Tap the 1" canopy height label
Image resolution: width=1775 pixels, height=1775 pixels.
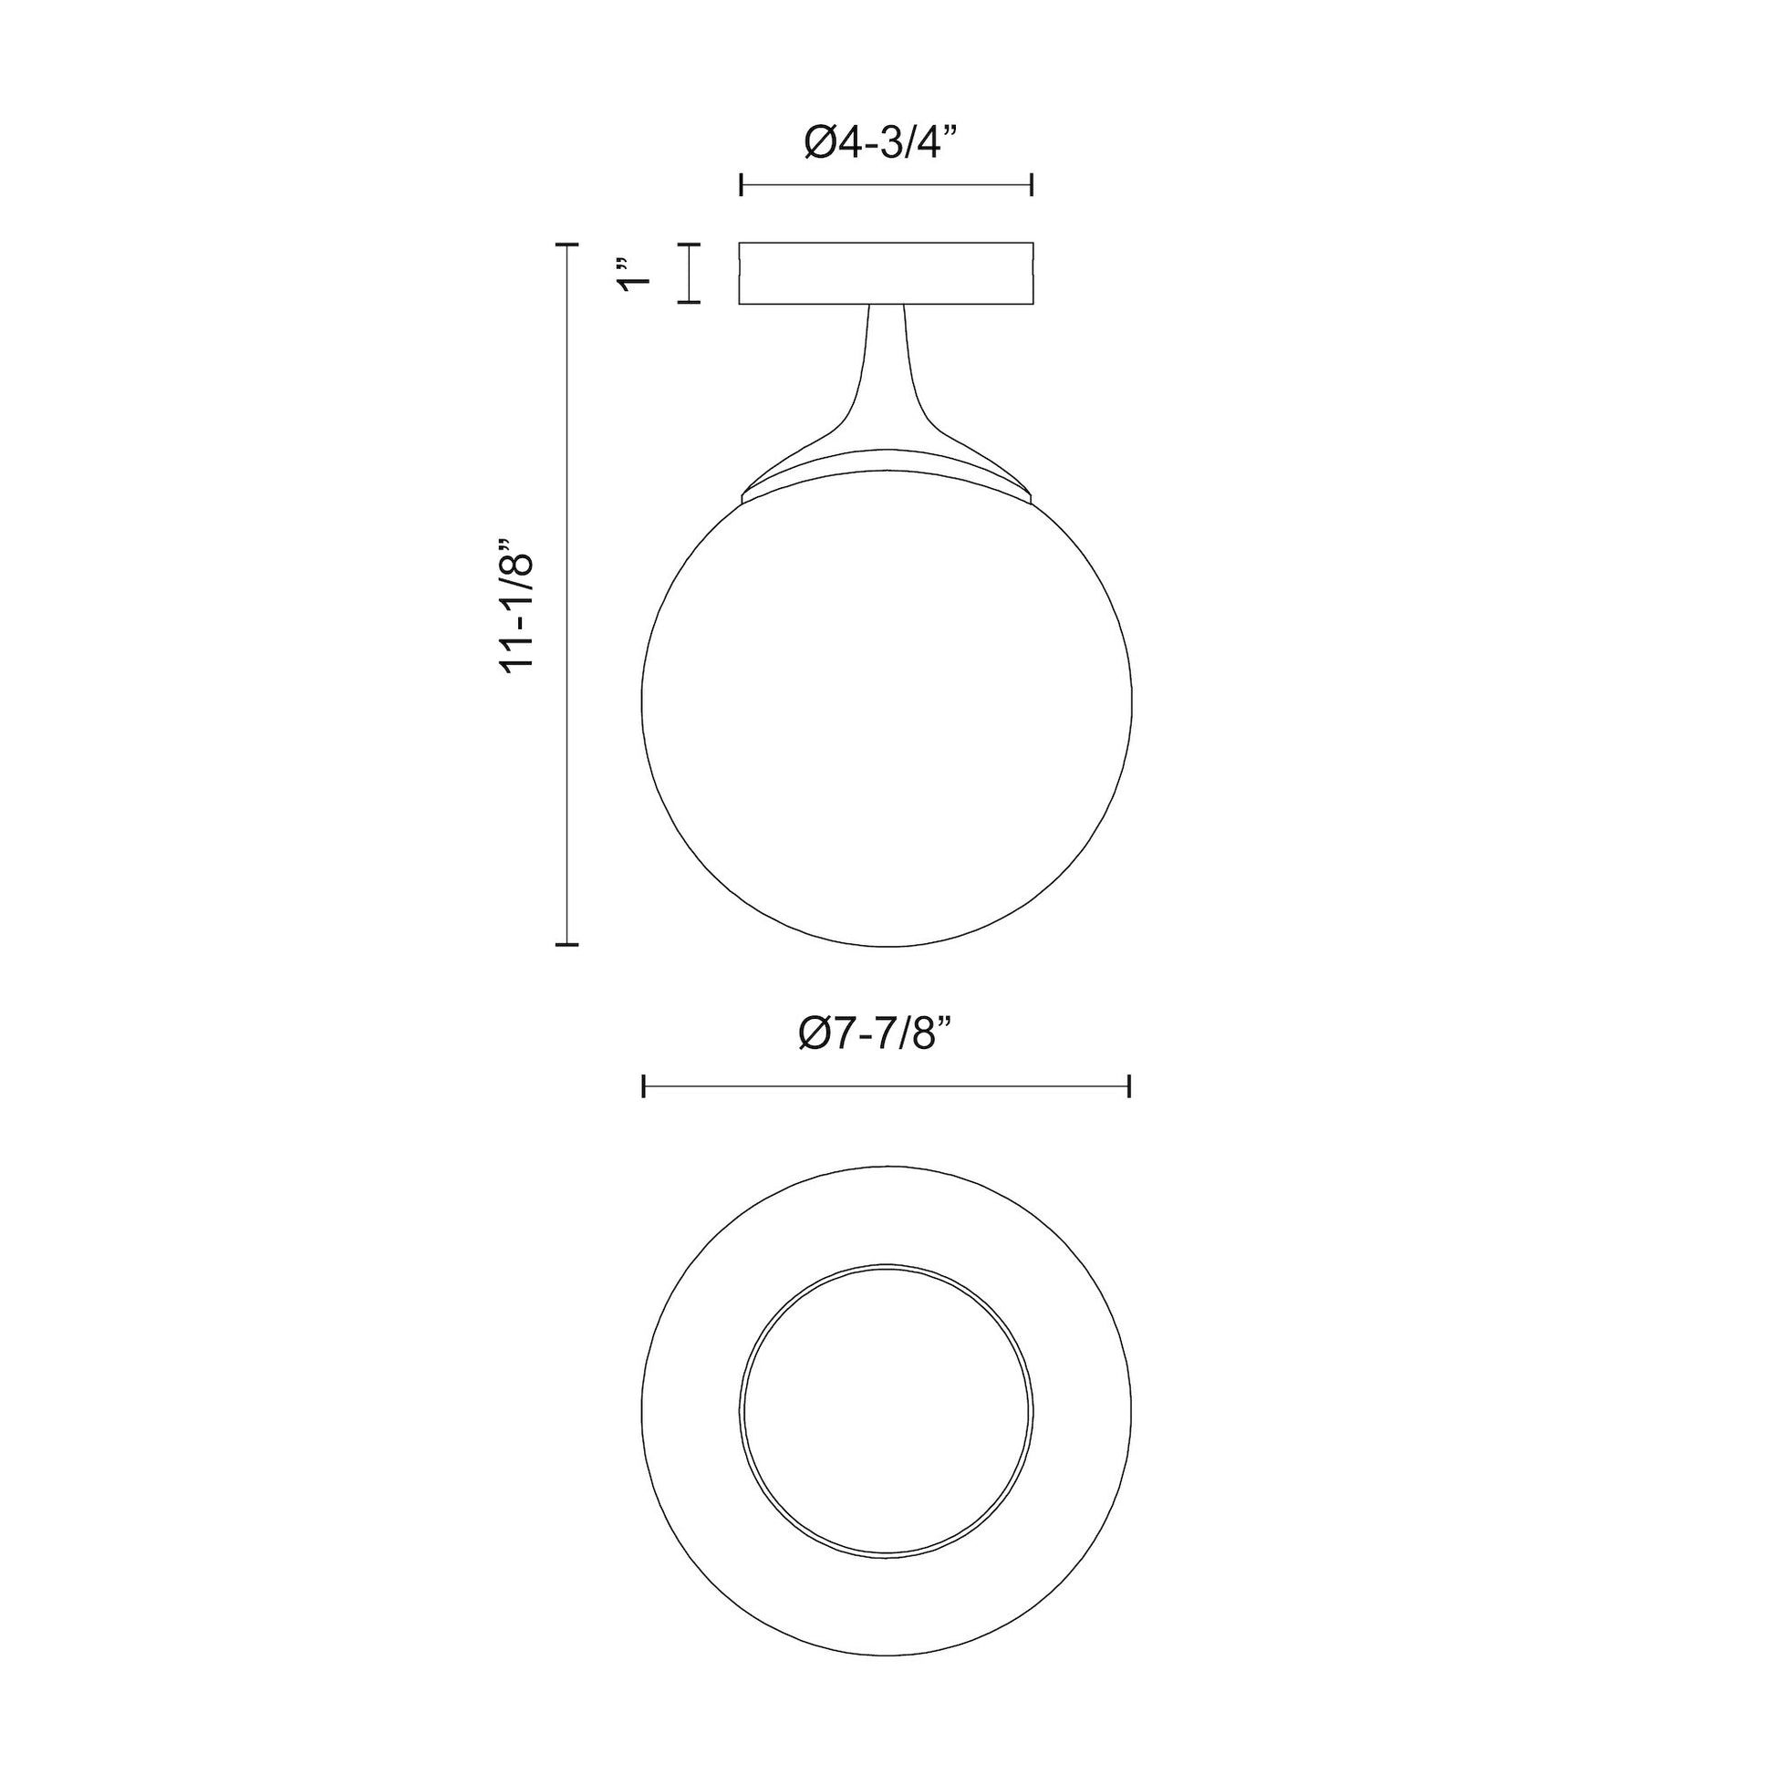click(x=633, y=273)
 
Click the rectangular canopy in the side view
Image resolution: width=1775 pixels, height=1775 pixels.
click(x=887, y=273)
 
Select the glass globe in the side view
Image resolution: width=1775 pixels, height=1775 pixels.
click(x=887, y=717)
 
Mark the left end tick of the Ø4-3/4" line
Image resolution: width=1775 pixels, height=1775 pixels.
click(x=742, y=184)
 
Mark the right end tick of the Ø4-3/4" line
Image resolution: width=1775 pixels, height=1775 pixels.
click(x=1033, y=184)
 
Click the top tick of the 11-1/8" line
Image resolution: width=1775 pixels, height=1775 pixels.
click(x=566, y=245)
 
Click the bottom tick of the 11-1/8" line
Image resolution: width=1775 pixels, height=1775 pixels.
click(x=566, y=943)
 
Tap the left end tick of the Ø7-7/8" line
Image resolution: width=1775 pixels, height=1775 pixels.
click(x=644, y=1086)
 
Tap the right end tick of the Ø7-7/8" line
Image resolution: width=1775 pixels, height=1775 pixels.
click(x=1129, y=1086)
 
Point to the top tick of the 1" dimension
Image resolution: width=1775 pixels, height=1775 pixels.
click(x=689, y=245)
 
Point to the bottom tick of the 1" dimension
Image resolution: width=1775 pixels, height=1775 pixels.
click(x=689, y=301)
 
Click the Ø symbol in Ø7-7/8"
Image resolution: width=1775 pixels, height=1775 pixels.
click(x=815, y=1034)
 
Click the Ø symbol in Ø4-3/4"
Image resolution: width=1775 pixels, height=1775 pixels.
click(x=820, y=143)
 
